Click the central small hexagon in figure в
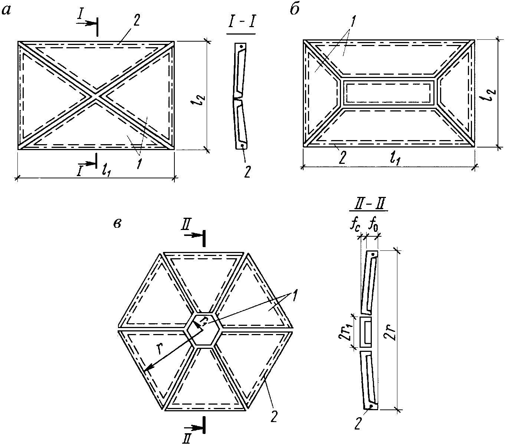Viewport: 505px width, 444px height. [204, 328]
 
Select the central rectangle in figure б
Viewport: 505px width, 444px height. [388, 91]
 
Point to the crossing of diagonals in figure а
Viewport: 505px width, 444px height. [96, 96]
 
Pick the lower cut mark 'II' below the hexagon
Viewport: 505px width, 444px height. [187, 438]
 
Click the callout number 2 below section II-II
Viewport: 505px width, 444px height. [358, 423]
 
